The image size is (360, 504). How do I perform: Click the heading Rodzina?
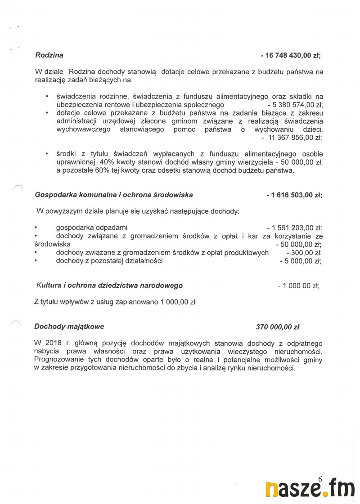[x=49, y=55]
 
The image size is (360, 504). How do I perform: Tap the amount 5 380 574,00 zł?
[x=294, y=105]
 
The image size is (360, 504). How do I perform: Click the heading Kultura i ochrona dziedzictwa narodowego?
[x=110, y=285]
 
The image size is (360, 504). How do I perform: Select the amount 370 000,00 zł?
[x=277, y=327]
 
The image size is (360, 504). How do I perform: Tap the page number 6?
[x=320, y=479]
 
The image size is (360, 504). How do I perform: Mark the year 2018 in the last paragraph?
[x=54, y=343]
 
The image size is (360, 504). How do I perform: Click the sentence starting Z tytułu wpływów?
[x=115, y=303]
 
